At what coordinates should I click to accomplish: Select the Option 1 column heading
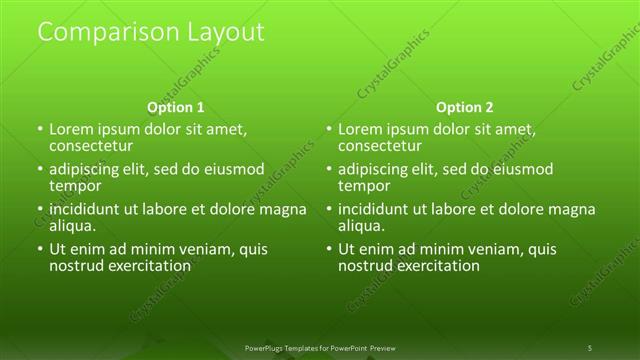pos(176,107)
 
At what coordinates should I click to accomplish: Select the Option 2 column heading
pos(465,107)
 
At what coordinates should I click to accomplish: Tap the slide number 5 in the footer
pos(590,347)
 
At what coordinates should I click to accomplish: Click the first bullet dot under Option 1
pos(40,130)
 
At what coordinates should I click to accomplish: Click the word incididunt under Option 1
pos(88,210)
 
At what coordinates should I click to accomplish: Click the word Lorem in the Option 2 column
pos(361,130)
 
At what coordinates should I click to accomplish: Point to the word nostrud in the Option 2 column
pos(367,266)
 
